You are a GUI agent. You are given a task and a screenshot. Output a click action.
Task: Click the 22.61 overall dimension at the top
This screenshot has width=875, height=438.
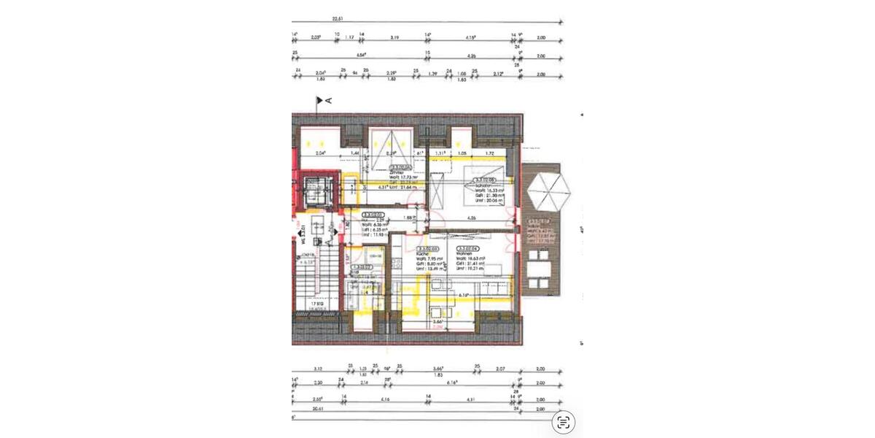pos(337,18)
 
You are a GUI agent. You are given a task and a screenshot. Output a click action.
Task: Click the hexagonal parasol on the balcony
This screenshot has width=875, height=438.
pos(549,191)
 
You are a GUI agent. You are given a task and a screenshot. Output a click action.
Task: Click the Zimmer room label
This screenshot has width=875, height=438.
pos(397,172)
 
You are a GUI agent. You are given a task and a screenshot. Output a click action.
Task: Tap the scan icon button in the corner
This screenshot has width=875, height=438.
pos(563,422)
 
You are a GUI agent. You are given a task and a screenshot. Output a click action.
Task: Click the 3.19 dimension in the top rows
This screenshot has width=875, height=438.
pos(394,36)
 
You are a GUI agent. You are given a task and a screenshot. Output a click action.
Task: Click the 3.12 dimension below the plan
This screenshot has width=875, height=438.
pos(317,369)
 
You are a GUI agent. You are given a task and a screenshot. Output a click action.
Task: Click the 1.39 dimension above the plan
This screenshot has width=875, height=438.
pos(432,74)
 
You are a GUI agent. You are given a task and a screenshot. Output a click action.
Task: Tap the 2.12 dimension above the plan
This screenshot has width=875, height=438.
pos(497,74)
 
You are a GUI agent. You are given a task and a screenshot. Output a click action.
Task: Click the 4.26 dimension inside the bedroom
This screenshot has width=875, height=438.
pos(471,218)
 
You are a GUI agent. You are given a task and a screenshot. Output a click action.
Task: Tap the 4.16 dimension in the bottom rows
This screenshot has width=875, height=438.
pos(385,399)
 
